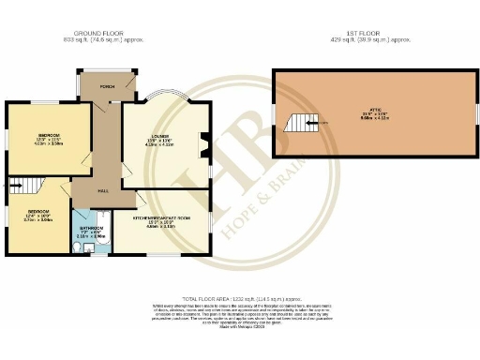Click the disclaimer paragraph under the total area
point(239,313)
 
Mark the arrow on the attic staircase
point(320,123)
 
